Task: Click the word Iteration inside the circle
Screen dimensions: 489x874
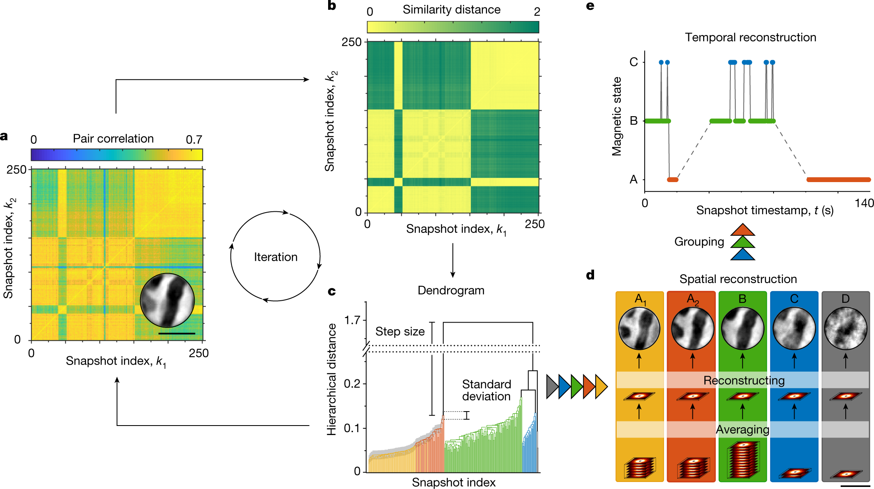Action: [275, 257]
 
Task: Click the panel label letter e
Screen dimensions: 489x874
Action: [590, 6]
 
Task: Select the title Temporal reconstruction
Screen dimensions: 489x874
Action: [750, 37]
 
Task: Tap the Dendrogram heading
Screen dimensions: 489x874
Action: [451, 290]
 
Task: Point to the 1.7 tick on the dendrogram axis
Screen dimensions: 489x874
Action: [352, 320]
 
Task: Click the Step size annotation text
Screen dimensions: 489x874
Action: [400, 332]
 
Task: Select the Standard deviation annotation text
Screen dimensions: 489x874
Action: [486, 390]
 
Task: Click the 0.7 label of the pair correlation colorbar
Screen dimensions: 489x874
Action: [194, 140]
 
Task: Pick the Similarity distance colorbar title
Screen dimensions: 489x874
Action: [451, 10]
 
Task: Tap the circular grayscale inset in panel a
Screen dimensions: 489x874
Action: [167, 300]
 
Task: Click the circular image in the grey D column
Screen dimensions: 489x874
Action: [846, 329]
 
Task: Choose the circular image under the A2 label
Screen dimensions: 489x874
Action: [692, 329]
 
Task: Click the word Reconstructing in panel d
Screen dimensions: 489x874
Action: [744, 380]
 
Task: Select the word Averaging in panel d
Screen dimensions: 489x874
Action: [742, 430]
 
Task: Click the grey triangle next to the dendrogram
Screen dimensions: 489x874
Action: [552, 386]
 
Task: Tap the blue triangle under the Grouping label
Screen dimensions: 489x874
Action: [742, 255]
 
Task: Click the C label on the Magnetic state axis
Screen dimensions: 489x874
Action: [634, 62]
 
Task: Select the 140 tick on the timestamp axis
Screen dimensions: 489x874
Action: [864, 203]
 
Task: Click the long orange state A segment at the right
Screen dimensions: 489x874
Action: [838, 180]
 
